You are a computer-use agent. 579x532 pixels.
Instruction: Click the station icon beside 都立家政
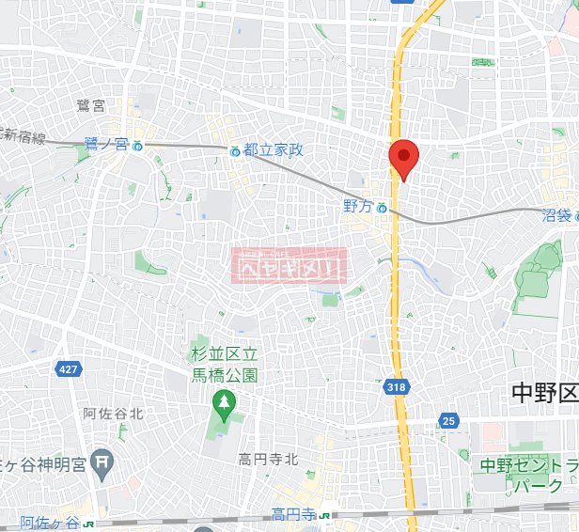pos(234,150)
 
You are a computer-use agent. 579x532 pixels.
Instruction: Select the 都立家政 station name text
pos(273,150)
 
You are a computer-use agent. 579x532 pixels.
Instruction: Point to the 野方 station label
pos(357,206)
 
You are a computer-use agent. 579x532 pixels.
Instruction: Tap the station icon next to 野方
pos(383,209)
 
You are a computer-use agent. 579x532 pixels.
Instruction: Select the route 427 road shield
pos(67,369)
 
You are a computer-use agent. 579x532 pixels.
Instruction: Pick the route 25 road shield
pos(448,421)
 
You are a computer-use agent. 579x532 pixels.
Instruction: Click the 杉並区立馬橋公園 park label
pos(224,364)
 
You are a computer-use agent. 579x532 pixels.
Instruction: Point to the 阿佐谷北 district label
pos(112,414)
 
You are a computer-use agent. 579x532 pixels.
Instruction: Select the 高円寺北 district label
pos(267,459)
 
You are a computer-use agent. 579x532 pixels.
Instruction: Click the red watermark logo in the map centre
pos(289,266)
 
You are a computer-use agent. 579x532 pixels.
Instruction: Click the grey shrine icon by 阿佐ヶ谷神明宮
pos(103,461)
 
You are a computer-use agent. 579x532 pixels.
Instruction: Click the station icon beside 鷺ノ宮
pos(138,146)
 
